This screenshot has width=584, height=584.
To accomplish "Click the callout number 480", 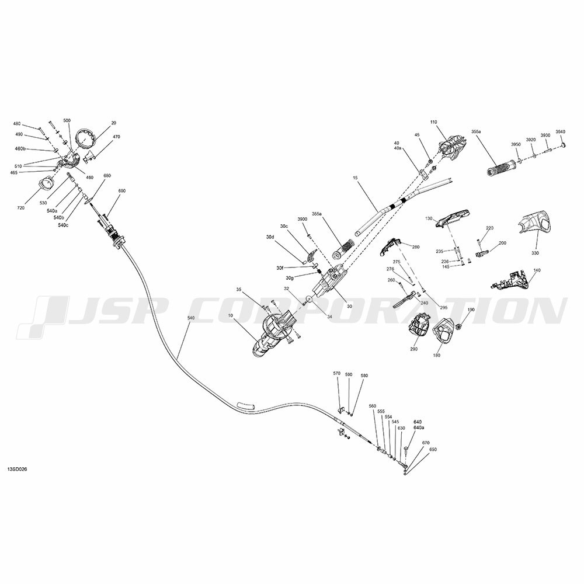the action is pos(17,124).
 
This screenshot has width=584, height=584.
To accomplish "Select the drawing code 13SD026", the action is pos(17,469).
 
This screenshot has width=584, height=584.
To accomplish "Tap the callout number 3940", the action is pos(560,131).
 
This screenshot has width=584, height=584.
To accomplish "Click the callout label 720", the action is pos(20,208).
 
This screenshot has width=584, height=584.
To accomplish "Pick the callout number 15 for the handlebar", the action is pos(355,178).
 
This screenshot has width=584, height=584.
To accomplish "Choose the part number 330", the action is pos(535,253).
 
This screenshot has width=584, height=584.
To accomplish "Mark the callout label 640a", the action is pos(419,427).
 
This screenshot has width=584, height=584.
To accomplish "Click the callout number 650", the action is pos(433,450).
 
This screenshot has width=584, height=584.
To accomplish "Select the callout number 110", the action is pos(433,122).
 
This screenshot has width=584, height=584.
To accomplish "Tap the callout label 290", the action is pos(414,349).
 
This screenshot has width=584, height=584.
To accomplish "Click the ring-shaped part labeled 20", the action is pos(86,138).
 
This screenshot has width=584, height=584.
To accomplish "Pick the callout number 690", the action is pos(122,191).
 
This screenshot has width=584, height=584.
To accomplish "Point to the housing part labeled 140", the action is pos(509,281).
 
